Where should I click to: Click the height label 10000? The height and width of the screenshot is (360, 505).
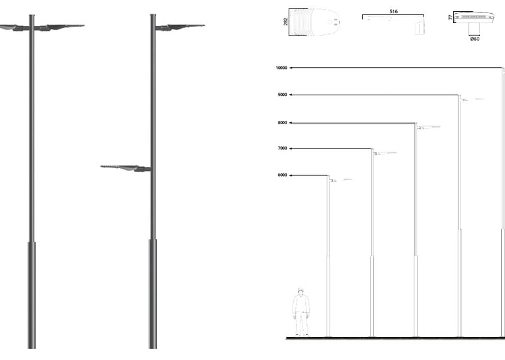point(282,68)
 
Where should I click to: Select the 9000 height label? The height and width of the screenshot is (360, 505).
point(282,95)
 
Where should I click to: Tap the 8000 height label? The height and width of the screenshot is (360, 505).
point(282,123)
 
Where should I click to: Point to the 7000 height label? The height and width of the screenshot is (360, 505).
point(282,148)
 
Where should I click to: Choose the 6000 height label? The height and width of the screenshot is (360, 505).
point(282,175)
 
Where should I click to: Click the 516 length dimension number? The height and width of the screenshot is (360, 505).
point(393,12)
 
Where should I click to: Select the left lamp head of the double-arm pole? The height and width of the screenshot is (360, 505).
point(9,27)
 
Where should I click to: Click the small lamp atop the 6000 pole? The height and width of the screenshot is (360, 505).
point(340,179)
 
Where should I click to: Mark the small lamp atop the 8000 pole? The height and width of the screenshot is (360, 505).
point(428,127)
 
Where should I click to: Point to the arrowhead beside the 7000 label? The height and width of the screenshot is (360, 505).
point(291,148)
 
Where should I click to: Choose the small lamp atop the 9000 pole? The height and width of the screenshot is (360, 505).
point(472,100)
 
